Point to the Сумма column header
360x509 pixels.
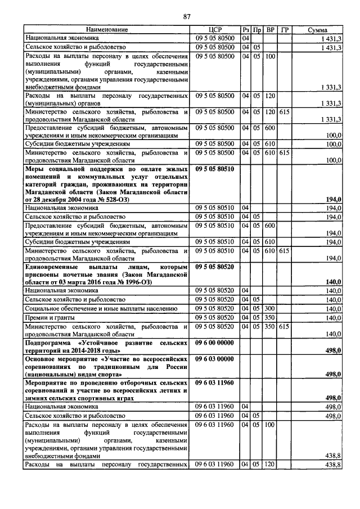[318, 29]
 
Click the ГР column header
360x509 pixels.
[285, 29]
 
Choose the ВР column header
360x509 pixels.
[271, 29]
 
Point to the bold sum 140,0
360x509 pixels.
[334, 282]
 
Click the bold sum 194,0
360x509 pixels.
[334, 200]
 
